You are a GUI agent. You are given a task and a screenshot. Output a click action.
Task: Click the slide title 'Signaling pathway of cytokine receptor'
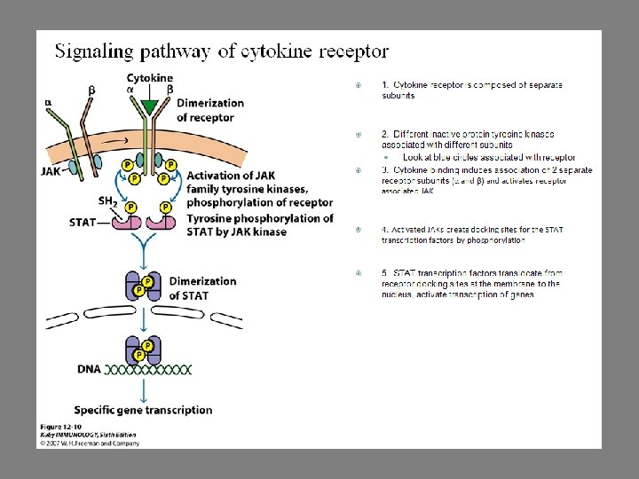click(x=221, y=51)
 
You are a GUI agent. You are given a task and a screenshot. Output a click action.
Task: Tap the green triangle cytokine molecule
click(x=150, y=106)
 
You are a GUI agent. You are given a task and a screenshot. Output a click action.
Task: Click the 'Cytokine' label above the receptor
click(x=149, y=78)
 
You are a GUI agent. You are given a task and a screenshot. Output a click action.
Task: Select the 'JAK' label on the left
click(x=51, y=171)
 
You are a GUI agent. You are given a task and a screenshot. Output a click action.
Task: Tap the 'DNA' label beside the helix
click(x=89, y=368)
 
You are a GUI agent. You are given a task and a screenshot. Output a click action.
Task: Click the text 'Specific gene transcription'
click(x=143, y=410)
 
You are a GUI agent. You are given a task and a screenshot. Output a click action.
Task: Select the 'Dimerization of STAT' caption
click(x=202, y=287)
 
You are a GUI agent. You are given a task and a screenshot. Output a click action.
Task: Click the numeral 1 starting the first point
click(x=384, y=84)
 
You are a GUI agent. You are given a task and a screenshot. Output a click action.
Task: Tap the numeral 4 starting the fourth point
click(x=384, y=230)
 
